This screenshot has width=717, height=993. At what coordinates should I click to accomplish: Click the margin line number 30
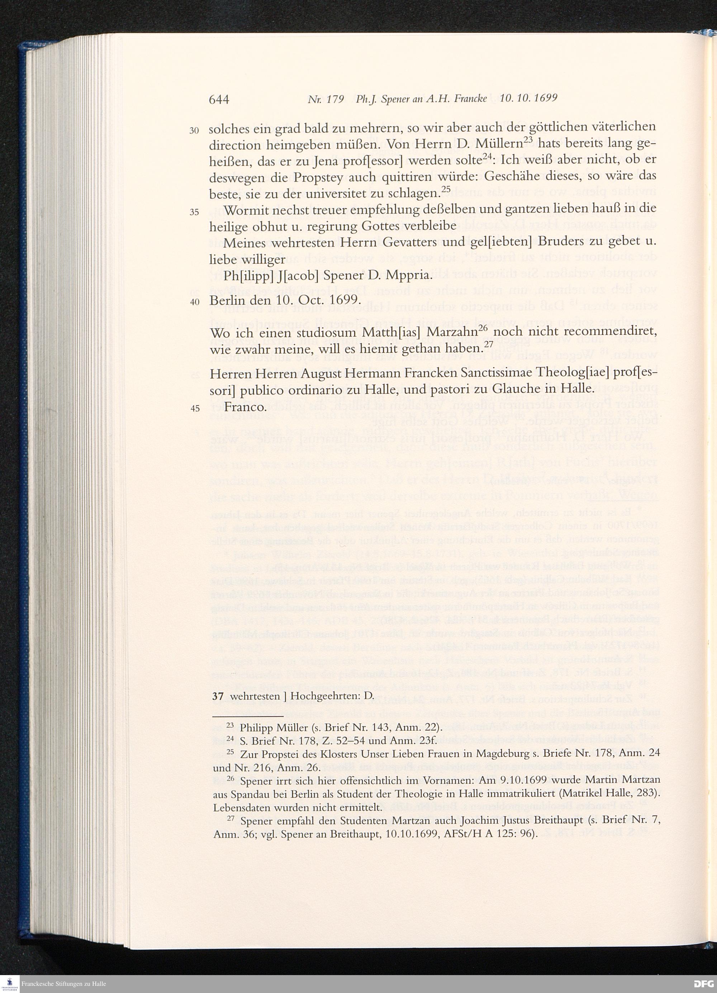[x=194, y=131]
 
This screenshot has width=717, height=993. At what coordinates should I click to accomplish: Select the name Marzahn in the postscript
[x=452, y=333]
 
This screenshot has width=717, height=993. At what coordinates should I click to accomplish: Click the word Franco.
[x=244, y=407]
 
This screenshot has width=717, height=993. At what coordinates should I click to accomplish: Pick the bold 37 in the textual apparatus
[x=217, y=696]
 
